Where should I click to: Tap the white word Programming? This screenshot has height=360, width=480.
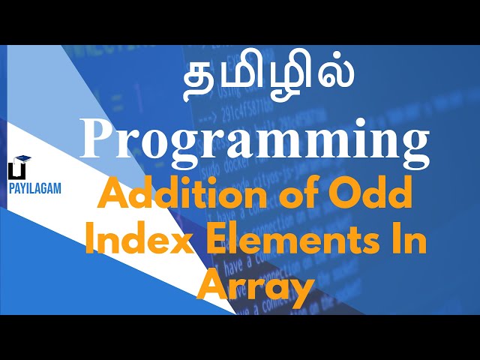coord(255,140)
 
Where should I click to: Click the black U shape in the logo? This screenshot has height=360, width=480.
coord(13,172)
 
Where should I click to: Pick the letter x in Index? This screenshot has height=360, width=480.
coord(169,244)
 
